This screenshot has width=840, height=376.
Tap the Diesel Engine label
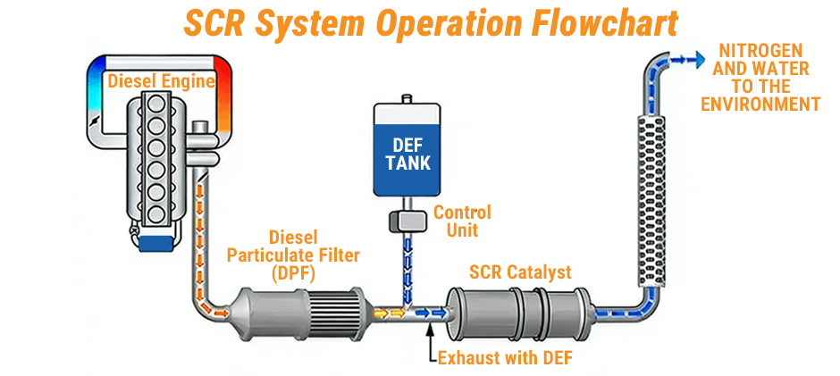point(162,82)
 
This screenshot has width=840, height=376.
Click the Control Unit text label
point(462,221)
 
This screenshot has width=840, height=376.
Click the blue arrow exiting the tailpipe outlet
point(685,59)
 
